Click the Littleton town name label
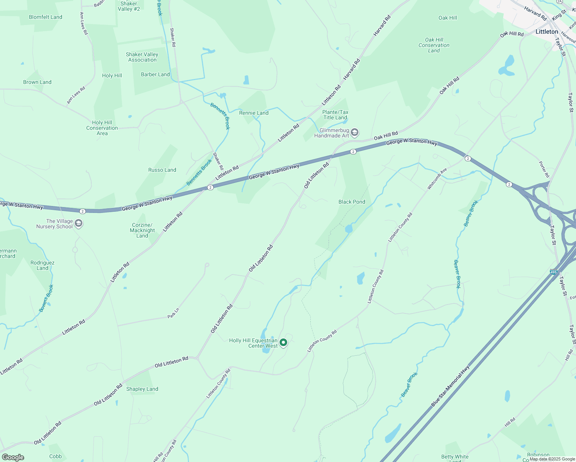tap(547, 32)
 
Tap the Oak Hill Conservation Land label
tap(434, 45)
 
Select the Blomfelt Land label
tap(45, 17)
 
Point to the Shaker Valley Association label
tap(142, 57)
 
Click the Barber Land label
tap(155, 74)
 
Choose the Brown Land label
tap(37, 82)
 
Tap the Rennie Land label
tap(254, 113)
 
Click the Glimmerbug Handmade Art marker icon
tap(355, 133)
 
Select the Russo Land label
tap(162, 170)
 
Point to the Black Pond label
tap(352, 202)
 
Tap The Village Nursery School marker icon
tap(79, 224)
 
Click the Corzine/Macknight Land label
tap(142, 230)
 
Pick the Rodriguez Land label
tap(42, 265)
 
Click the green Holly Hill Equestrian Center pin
tap(283, 342)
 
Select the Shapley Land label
tap(142, 389)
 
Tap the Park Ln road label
tap(173, 313)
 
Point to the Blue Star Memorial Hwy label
tap(450, 386)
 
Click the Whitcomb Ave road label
tap(437, 179)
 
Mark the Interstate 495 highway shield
tap(553, 272)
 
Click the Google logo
tap(13, 457)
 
